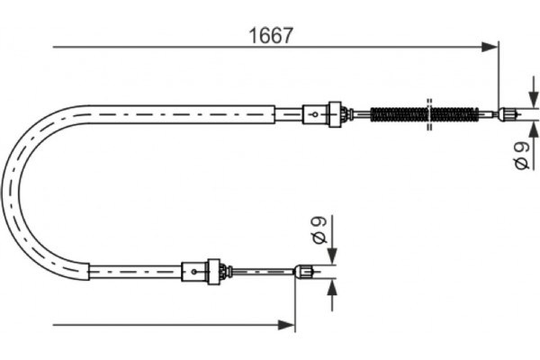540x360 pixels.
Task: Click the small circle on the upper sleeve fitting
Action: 313,113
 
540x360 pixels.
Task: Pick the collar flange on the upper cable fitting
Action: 337,113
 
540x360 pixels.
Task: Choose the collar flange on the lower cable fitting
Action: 214,268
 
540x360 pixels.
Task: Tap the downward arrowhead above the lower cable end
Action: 332,256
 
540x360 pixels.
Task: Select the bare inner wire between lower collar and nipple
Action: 261,268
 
